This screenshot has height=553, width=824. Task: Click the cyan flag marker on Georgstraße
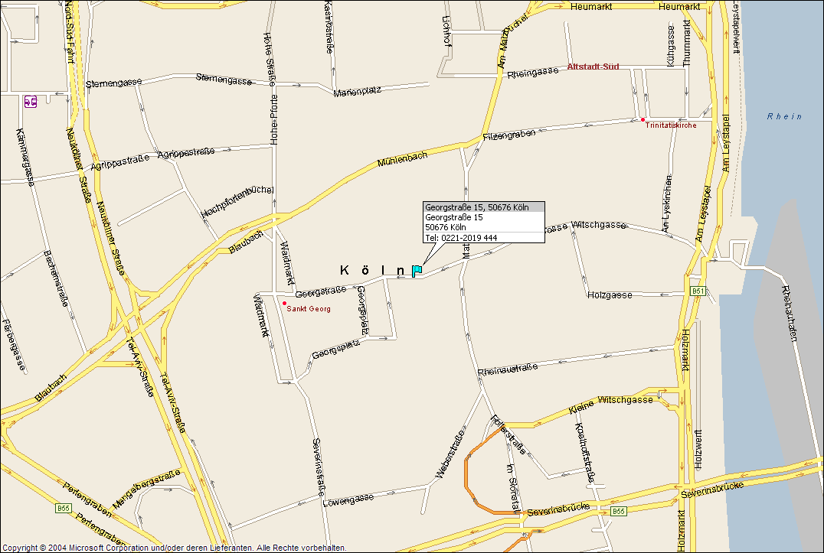(417, 270)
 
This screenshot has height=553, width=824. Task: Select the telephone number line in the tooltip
(461, 238)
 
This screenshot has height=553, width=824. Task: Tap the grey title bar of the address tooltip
(483, 207)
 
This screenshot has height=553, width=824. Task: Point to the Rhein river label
(785, 116)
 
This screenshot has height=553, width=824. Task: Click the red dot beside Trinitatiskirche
(643, 119)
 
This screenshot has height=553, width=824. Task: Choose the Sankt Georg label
(309, 309)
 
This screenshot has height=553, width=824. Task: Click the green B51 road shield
(697, 291)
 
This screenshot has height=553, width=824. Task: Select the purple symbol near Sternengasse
(31, 101)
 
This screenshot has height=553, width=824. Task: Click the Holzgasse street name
(610, 294)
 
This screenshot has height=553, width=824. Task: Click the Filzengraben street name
(509, 135)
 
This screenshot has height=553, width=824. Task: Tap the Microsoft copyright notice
(175, 548)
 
